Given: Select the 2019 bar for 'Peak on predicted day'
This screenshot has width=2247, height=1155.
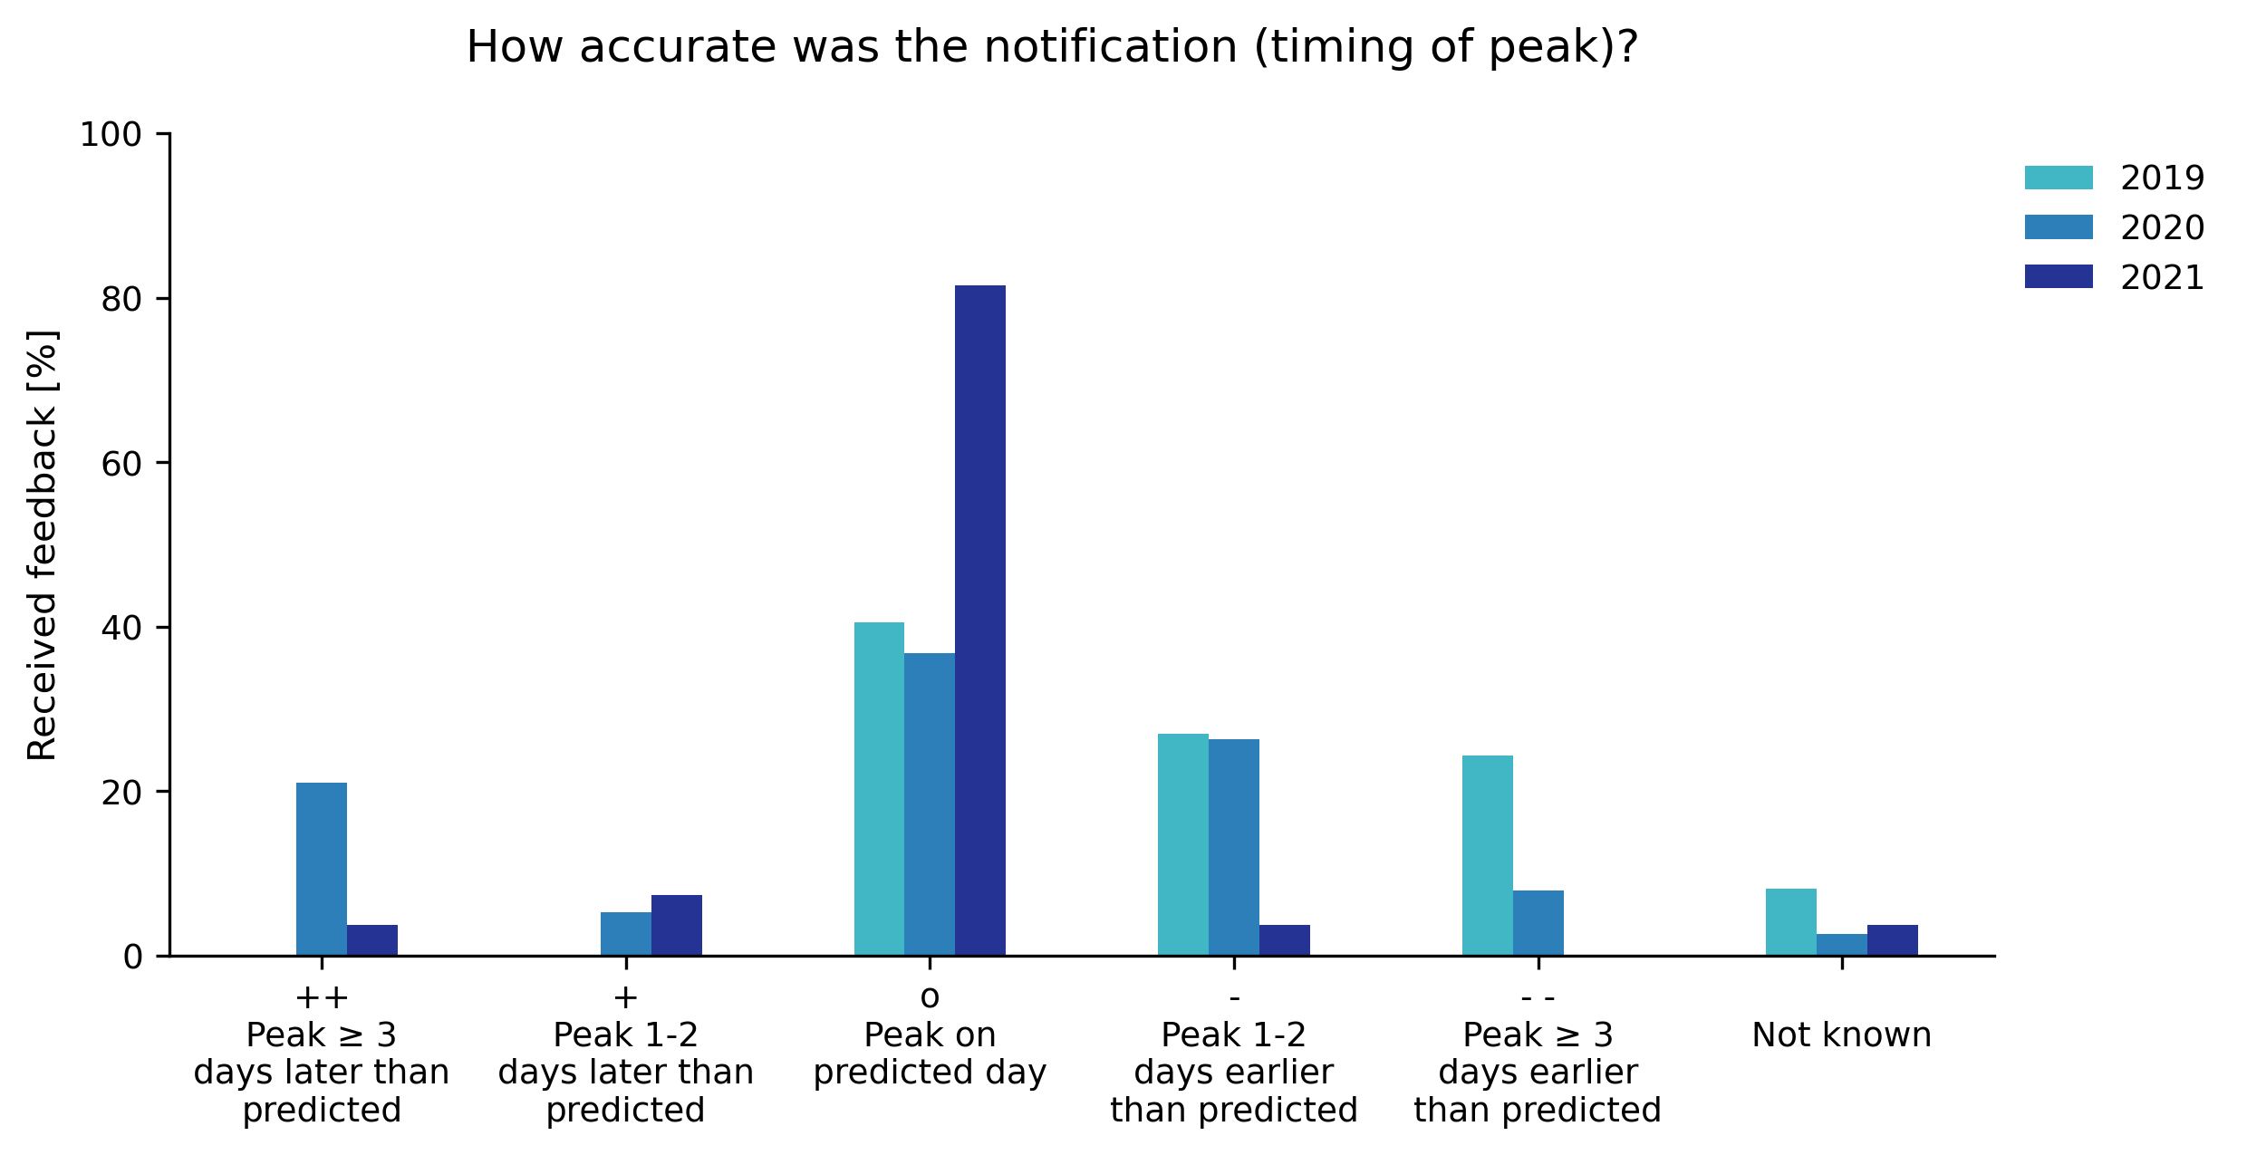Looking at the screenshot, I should pyautogui.click(x=879, y=788).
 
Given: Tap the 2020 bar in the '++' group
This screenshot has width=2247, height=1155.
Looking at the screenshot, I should pyautogui.click(x=321, y=869).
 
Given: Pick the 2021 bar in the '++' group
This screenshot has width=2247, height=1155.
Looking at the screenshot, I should pyautogui.click(x=372, y=939).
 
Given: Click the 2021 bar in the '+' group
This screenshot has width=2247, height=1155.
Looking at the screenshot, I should pyautogui.click(x=676, y=925).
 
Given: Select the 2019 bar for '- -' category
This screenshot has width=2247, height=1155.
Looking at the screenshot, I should pyautogui.click(x=1487, y=855).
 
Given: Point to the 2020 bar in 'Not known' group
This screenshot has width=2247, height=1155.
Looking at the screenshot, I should pyautogui.click(x=1841, y=944).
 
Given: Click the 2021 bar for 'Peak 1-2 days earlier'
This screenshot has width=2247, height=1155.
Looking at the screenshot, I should pyautogui.click(x=1284, y=939).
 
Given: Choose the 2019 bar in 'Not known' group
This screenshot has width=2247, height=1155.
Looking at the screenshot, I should pyautogui.click(x=1790, y=921).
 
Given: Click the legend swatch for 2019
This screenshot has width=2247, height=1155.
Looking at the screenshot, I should pyautogui.click(x=2059, y=178).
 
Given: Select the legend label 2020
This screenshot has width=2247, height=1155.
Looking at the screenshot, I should pyautogui.click(x=2162, y=227).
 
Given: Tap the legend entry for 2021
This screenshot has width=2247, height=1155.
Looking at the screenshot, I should pyautogui.click(x=2162, y=277).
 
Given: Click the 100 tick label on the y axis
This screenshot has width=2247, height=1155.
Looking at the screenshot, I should pyautogui.click(x=111, y=135).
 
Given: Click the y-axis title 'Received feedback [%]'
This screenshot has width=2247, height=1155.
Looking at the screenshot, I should pyautogui.click(x=43, y=544).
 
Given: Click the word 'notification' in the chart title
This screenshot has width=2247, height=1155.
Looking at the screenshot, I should pyautogui.click(x=1110, y=47).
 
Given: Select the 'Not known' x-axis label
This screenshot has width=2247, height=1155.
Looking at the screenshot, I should pyautogui.click(x=1841, y=1035).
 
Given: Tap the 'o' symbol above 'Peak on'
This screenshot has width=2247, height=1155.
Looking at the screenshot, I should pyautogui.click(x=929, y=997).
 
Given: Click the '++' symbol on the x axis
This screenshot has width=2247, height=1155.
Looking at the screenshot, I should pyautogui.click(x=321, y=997).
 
